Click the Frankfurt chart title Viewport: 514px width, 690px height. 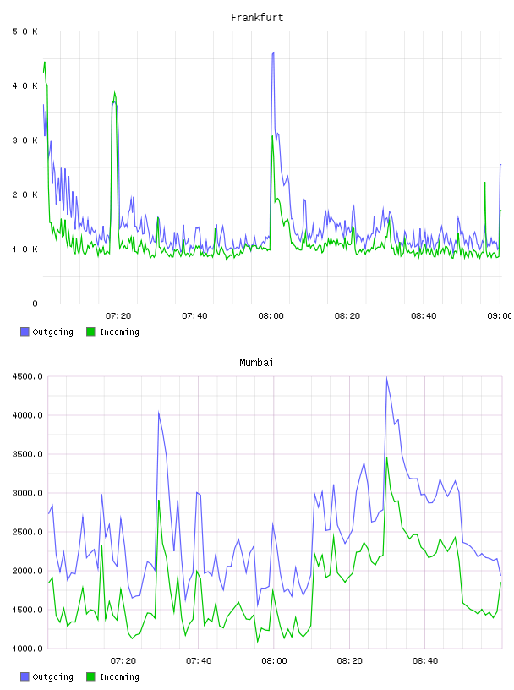(257, 18)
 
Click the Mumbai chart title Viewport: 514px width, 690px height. (256, 363)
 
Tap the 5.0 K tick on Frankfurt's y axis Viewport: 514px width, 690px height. (25, 31)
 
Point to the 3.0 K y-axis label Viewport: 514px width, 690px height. (25, 140)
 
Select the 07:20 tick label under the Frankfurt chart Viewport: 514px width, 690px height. (118, 315)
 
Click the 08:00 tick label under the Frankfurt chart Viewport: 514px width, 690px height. (271, 315)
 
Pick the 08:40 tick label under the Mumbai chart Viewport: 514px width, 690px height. (425, 660)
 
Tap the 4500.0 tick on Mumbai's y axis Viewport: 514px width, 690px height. (27, 376)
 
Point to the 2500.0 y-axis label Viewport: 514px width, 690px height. (27, 532)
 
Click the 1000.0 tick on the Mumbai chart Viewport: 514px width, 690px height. (27, 649)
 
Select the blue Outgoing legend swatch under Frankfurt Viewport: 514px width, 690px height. (25, 331)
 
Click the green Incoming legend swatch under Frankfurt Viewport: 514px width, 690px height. (90, 331)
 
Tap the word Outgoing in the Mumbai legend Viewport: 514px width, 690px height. (52, 676)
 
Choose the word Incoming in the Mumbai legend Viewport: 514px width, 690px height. (119, 676)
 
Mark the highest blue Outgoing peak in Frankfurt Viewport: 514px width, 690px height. (273, 52)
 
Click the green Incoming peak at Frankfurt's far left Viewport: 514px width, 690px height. (45, 63)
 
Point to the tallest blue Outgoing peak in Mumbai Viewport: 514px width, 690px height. (387, 378)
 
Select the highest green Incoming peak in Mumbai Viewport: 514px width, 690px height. (387, 458)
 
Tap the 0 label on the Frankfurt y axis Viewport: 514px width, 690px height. (35, 304)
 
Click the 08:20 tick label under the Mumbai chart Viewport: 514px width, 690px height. (349, 660)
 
